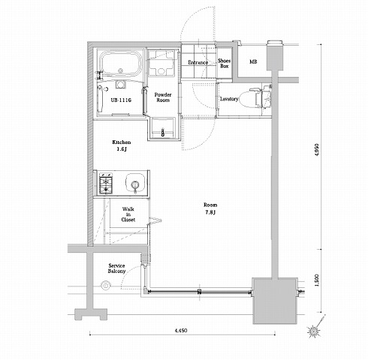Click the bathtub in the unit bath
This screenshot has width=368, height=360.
point(120,63)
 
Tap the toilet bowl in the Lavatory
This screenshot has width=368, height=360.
point(249,99)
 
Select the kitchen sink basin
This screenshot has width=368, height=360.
point(135,183)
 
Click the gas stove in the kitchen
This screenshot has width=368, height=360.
point(107,183)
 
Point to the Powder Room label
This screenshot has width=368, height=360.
point(163,97)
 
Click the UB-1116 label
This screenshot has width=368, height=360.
point(121,100)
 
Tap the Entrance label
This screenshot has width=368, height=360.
point(198,62)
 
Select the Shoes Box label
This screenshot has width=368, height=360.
point(224,63)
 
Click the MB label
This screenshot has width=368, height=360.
point(253,61)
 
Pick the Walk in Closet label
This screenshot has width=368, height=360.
point(128,214)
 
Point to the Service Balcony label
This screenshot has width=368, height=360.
point(116,268)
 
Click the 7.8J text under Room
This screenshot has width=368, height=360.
point(210,212)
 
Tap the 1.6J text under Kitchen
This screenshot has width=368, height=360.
point(122,149)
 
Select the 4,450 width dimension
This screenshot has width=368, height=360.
point(181,331)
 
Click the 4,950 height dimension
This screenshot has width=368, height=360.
point(317,150)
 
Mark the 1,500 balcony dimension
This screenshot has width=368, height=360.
point(317,280)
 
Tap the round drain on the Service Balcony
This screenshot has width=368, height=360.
point(105,285)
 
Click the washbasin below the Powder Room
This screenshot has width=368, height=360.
point(163,129)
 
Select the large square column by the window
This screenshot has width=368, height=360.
point(275,301)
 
